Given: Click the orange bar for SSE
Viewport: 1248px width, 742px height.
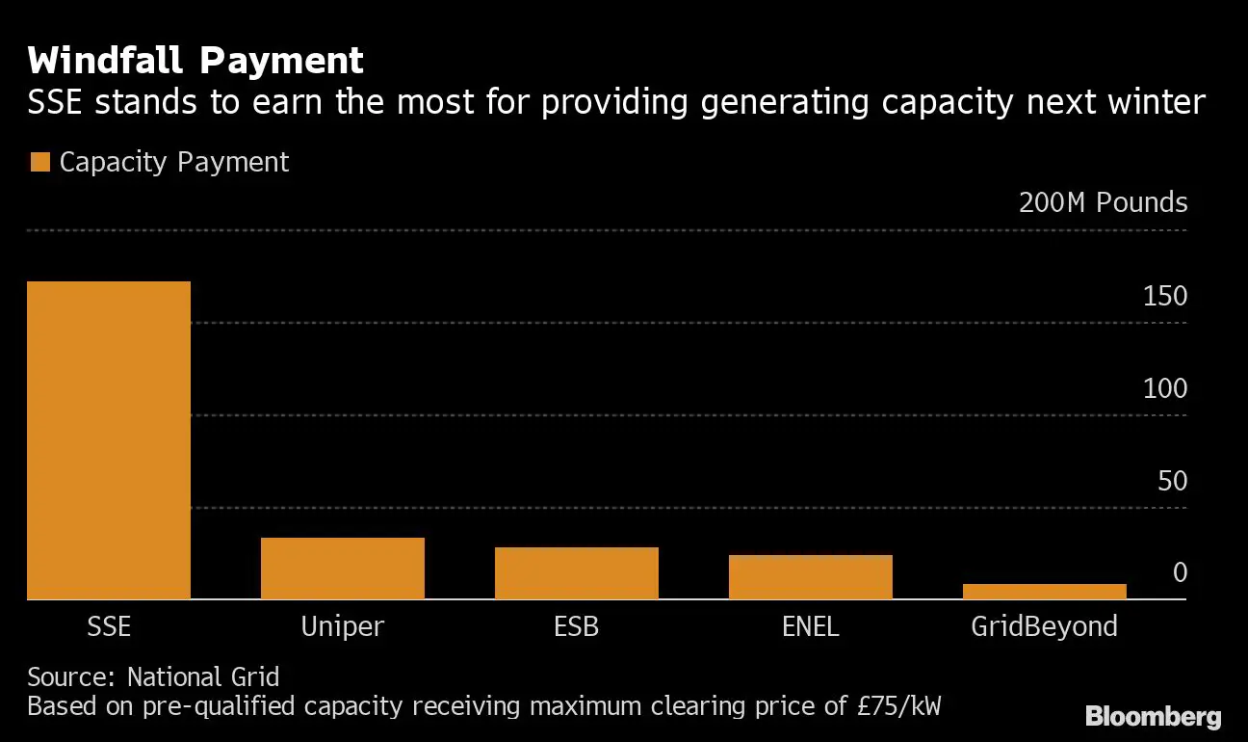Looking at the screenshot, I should click(109, 440).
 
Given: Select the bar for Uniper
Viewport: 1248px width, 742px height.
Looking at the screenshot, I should click(343, 569).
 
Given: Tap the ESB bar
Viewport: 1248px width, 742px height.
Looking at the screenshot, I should click(577, 573).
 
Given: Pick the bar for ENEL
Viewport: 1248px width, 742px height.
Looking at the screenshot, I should click(811, 577).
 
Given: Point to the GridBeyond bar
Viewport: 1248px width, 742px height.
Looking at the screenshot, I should click(1045, 592).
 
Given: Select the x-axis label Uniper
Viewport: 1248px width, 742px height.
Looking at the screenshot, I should click(343, 626).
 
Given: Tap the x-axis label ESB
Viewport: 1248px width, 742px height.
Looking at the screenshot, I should click(577, 626).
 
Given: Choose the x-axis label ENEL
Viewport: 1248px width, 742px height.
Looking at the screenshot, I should click(811, 626).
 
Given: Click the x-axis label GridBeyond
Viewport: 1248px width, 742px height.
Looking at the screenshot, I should click(1045, 626).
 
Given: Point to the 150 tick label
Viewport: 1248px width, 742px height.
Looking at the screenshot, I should click(1165, 297).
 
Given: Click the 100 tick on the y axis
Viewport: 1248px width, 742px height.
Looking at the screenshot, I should click(1165, 389).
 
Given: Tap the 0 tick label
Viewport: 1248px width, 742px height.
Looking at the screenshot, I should click(1180, 573).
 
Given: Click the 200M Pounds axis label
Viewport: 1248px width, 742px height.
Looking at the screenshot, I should click(1103, 202).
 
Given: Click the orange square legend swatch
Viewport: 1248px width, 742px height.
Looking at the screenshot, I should click(39, 162).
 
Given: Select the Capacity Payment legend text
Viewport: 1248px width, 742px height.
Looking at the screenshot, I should click(174, 162).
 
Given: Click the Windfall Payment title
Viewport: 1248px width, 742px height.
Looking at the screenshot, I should click(196, 61).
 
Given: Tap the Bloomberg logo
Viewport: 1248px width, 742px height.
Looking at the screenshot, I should click(1153, 717).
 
